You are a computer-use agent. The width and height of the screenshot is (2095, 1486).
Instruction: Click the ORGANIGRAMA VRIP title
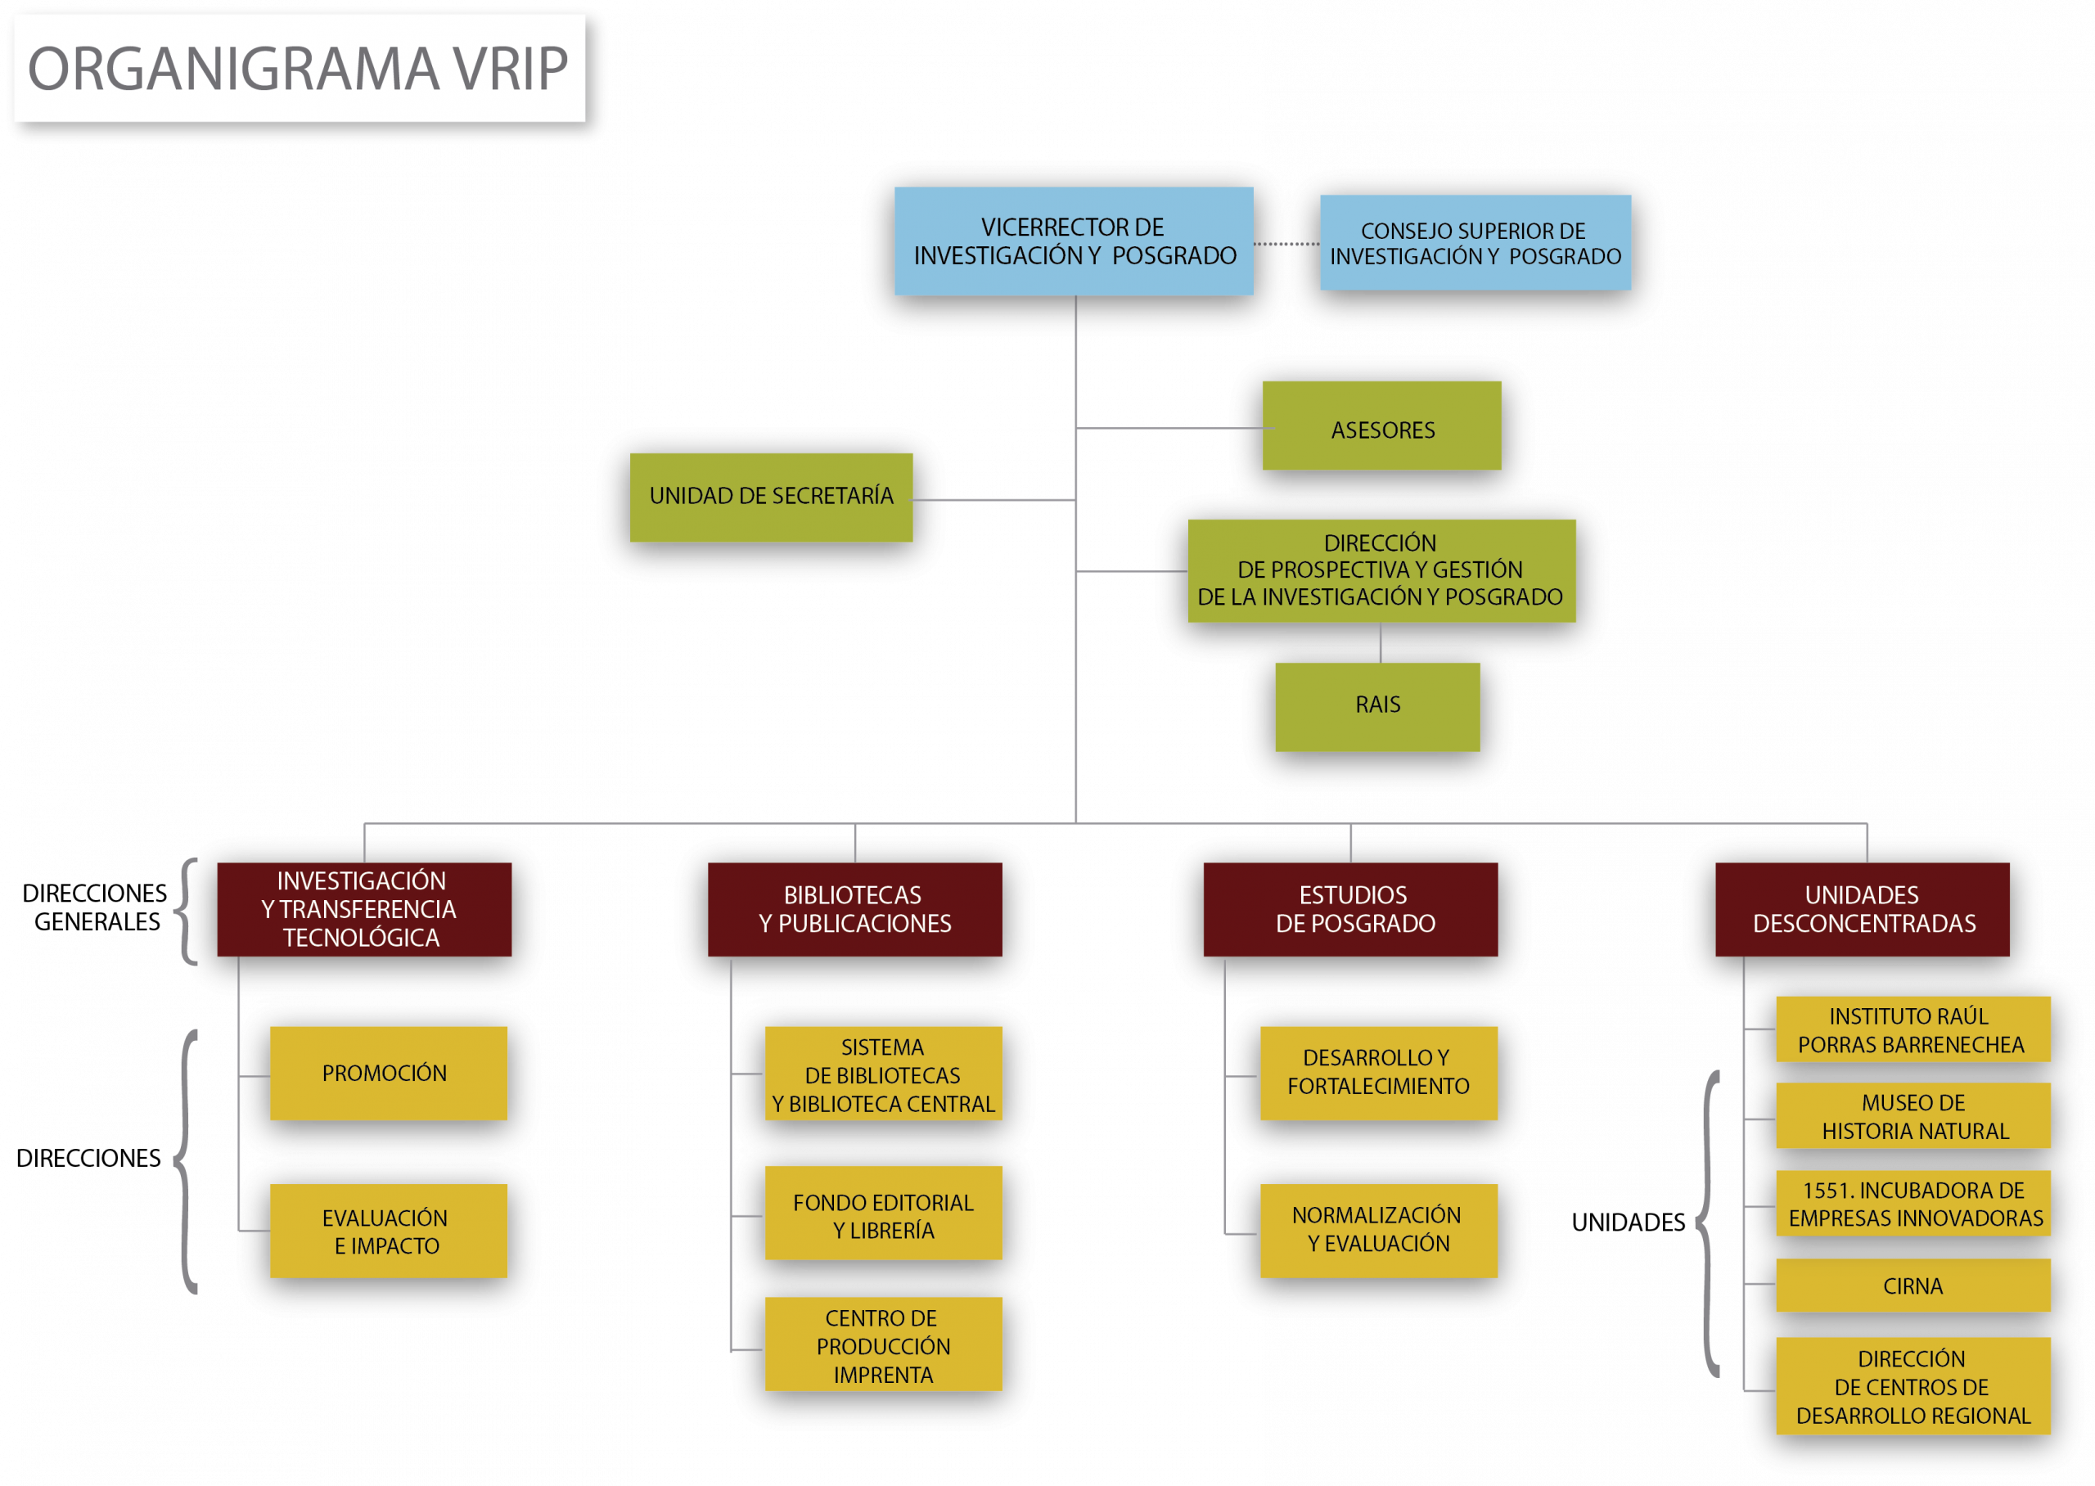click(298, 69)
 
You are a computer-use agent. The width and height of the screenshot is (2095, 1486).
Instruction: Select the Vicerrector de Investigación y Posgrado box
click(1073, 241)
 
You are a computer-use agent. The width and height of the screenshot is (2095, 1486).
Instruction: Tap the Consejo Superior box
click(1475, 242)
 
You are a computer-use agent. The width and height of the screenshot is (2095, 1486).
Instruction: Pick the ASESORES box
click(1381, 426)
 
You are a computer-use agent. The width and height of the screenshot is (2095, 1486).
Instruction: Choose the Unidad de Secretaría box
click(771, 498)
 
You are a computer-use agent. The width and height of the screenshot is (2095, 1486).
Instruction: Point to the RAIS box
click(1376, 707)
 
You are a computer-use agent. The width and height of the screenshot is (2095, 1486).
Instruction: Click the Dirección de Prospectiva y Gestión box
click(1381, 571)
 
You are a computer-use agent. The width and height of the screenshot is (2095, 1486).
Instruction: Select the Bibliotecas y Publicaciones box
click(854, 910)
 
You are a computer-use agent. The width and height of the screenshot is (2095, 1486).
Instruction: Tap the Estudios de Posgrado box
click(1350, 910)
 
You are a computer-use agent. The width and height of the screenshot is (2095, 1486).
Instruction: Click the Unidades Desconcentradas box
click(1863, 910)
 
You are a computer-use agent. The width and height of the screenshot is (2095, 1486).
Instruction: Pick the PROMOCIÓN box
click(388, 1074)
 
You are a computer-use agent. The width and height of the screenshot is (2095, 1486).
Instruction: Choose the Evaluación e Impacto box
click(388, 1232)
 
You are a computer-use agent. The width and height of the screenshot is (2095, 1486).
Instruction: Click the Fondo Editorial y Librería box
click(883, 1214)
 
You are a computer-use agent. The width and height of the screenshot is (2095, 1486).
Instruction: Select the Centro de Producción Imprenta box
click(883, 1345)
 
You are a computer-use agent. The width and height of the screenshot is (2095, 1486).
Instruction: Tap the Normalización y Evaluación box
click(1379, 1232)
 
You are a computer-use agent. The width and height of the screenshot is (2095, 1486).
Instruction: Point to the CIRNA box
click(1913, 1286)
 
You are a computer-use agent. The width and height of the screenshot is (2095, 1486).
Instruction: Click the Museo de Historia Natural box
click(1913, 1116)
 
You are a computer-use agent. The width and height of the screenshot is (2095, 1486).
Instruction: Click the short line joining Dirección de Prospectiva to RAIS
click(1381, 642)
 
